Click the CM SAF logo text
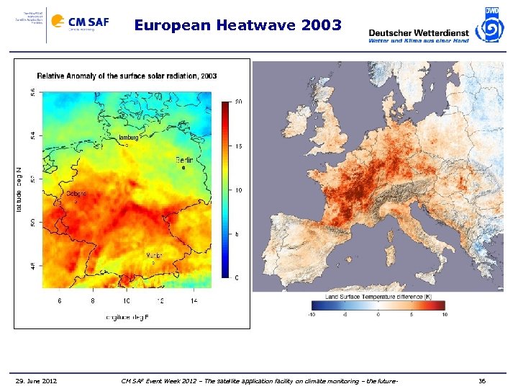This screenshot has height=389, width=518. coord(88,22)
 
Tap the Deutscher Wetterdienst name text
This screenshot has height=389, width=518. coord(418,32)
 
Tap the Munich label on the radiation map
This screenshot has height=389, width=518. coord(154,255)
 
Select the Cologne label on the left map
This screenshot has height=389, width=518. coord(76,193)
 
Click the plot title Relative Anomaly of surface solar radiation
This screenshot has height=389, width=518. coord(127,76)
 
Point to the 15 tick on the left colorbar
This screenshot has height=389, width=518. coord(239,146)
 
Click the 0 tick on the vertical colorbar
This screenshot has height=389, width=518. coord(237,278)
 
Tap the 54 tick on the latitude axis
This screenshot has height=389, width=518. coord(32,135)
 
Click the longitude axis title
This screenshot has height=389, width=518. coord(127,316)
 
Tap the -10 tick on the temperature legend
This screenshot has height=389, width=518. coord(311,314)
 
